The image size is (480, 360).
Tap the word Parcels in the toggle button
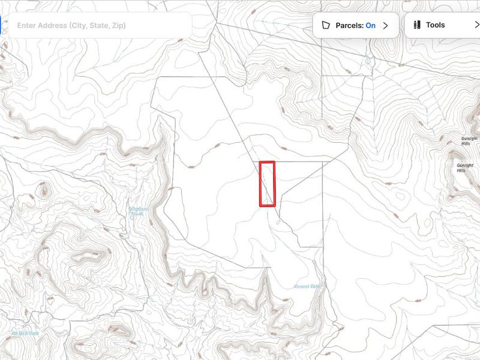[x=349, y=25]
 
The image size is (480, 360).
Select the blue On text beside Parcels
[x=371, y=25]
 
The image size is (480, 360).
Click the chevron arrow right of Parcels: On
[x=386, y=25]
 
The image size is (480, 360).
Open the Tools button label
[x=436, y=25]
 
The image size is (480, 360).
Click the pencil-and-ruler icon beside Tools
[x=416, y=25]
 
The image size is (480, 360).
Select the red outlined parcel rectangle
[x=267, y=184]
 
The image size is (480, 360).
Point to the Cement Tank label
[x=307, y=286]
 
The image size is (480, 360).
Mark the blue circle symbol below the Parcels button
[x=367, y=59]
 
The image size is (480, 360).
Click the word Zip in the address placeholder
[x=119, y=25]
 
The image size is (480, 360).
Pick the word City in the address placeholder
[x=79, y=25]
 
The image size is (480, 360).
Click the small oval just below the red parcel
[x=277, y=223]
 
